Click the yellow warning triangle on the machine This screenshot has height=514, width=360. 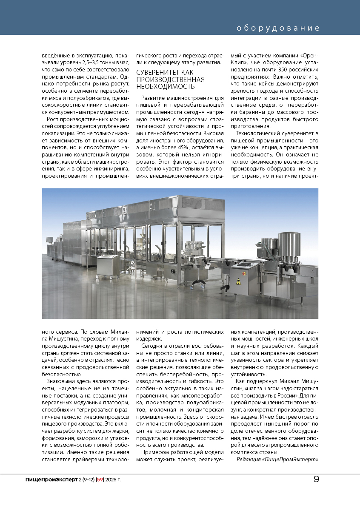coord(239,281)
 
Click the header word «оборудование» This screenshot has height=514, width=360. coord(278,28)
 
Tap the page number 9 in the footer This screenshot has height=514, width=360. coord(316,479)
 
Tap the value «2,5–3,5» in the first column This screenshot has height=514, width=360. coord(88,62)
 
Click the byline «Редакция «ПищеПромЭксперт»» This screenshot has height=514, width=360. coord(277,459)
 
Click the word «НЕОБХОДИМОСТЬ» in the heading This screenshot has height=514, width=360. coord(166,86)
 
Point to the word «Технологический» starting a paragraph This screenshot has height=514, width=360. coord(256,133)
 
